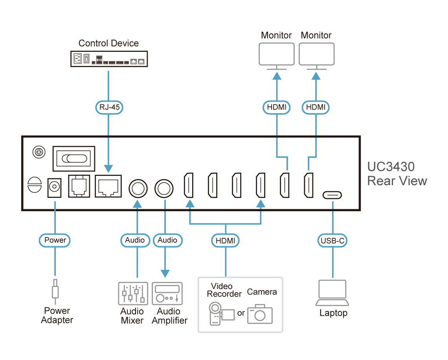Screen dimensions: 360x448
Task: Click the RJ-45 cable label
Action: pyautogui.click(x=108, y=107)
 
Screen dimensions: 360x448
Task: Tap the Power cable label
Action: pyautogui.click(x=55, y=240)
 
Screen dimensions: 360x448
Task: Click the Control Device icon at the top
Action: pyautogui.click(x=108, y=59)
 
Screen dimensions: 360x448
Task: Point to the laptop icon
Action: pyautogui.click(x=332, y=293)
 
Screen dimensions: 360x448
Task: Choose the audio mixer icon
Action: pyautogui.click(x=133, y=293)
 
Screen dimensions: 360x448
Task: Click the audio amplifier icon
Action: pyautogui.click(x=167, y=293)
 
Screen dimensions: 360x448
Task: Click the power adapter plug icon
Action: pyautogui.click(x=55, y=291)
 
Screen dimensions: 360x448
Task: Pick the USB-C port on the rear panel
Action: pyautogui.click(x=332, y=195)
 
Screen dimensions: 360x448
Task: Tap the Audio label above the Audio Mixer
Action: pyautogui.click(x=135, y=240)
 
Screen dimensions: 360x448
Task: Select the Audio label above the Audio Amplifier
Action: pyautogui.click(x=167, y=240)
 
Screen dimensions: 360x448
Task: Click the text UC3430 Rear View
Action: pyautogui.click(x=396, y=174)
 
